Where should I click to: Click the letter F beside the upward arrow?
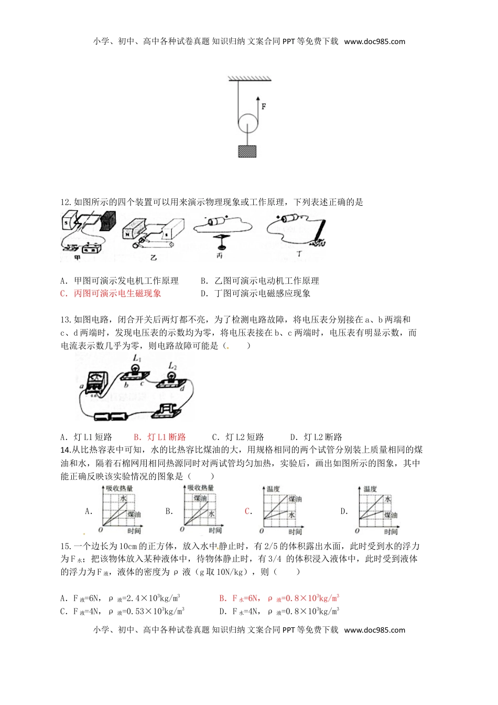click(264, 106)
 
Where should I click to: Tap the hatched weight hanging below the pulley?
click(248, 151)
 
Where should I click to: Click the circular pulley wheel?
click(248, 125)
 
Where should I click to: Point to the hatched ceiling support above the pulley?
click(250, 79)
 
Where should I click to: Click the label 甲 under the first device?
click(78, 258)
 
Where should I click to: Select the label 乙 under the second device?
click(153, 258)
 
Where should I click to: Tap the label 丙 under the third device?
click(219, 256)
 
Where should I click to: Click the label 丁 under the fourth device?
click(299, 254)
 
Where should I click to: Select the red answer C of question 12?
click(111, 294)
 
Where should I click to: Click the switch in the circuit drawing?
click(166, 410)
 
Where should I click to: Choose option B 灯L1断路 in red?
click(160, 437)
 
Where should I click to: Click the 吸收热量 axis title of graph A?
click(119, 488)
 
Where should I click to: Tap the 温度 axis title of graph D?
click(370, 489)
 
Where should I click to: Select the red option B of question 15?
click(279, 599)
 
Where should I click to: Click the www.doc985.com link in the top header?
click(374, 41)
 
